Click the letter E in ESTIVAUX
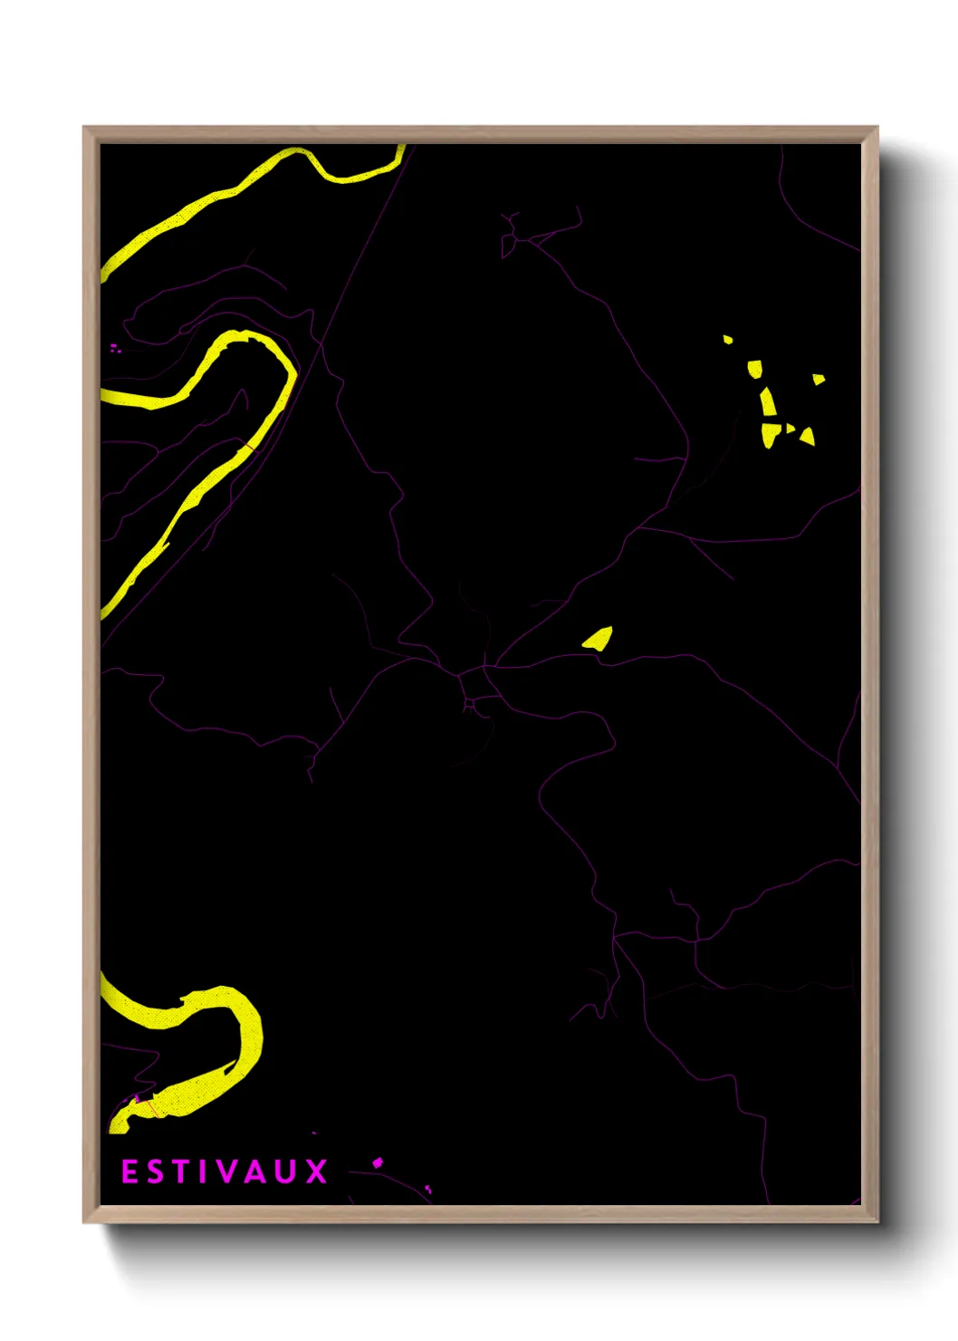(x=129, y=1172)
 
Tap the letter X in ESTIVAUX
(x=316, y=1172)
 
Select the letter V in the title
(x=227, y=1172)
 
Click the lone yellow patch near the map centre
(x=599, y=639)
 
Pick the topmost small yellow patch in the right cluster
(x=728, y=340)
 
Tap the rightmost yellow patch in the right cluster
(x=819, y=379)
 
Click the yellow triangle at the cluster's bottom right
(x=807, y=437)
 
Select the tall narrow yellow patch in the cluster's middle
(x=768, y=402)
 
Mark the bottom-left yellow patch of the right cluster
(x=769, y=434)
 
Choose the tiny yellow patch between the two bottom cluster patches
(x=790, y=428)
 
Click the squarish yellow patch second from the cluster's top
(x=754, y=369)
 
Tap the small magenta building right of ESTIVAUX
(x=378, y=1162)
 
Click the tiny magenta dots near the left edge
(x=115, y=347)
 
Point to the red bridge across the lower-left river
(x=150, y=1107)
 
